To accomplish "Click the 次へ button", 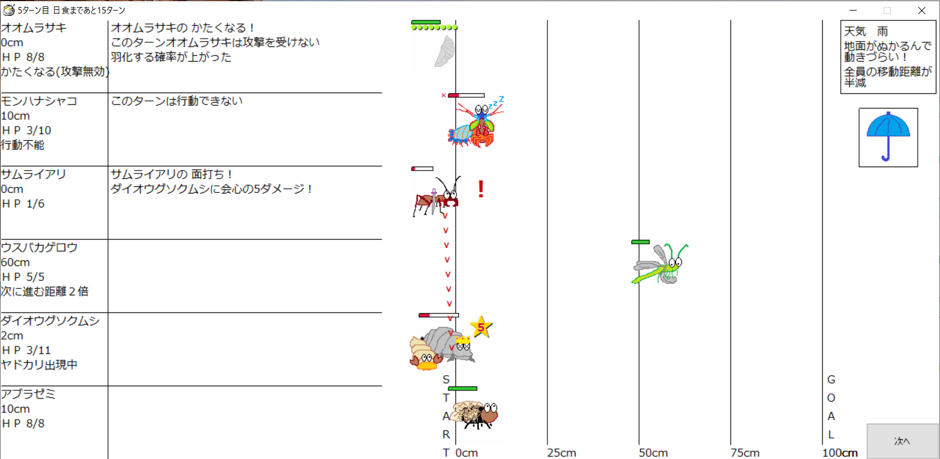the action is point(902,441).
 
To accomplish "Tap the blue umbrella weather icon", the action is point(888,137).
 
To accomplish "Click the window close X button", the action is point(922,11).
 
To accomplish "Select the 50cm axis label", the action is point(653,453).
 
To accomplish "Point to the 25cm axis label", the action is point(562,453).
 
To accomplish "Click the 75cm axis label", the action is point(745,453).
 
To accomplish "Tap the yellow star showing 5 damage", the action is point(481,327).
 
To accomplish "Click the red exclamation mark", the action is point(481,189).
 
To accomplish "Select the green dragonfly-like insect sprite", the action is point(660,264).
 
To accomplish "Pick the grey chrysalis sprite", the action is point(445,51).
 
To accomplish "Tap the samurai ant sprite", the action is point(437,197).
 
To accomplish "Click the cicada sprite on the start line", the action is point(476,414).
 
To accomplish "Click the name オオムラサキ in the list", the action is point(33,28).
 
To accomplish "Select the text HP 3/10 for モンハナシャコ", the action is point(26,130).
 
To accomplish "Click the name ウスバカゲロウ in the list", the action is point(39,247).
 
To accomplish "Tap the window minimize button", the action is point(853,11).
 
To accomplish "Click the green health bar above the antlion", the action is point(640,242).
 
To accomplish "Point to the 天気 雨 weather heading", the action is point(865,31).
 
